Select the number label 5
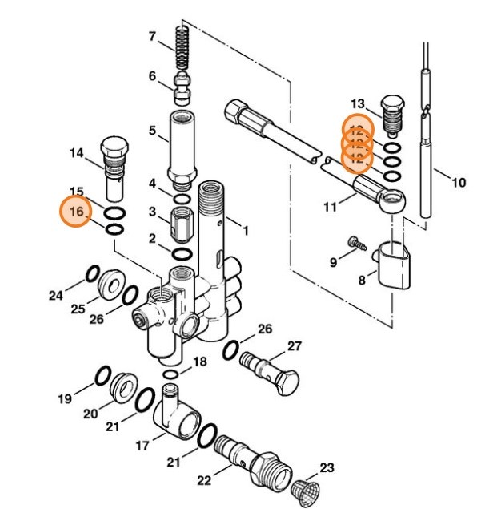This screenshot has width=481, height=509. pyautogui.click(x=151, y=130)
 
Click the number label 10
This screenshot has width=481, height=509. pyautogui.click(x=458, y=183)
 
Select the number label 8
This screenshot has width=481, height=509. pyautogui.click(x=362, y=281)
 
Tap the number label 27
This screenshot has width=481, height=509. pyautogui.click(x=294, y=346)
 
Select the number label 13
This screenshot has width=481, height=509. pyautogui.click(x=357, y=103)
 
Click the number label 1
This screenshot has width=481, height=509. pyautogui.click(x=246, y=230)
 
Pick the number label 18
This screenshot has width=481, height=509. pyautogui.click(x=200, y=362)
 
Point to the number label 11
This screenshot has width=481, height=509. pyautogui.click(x=330, y=208)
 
